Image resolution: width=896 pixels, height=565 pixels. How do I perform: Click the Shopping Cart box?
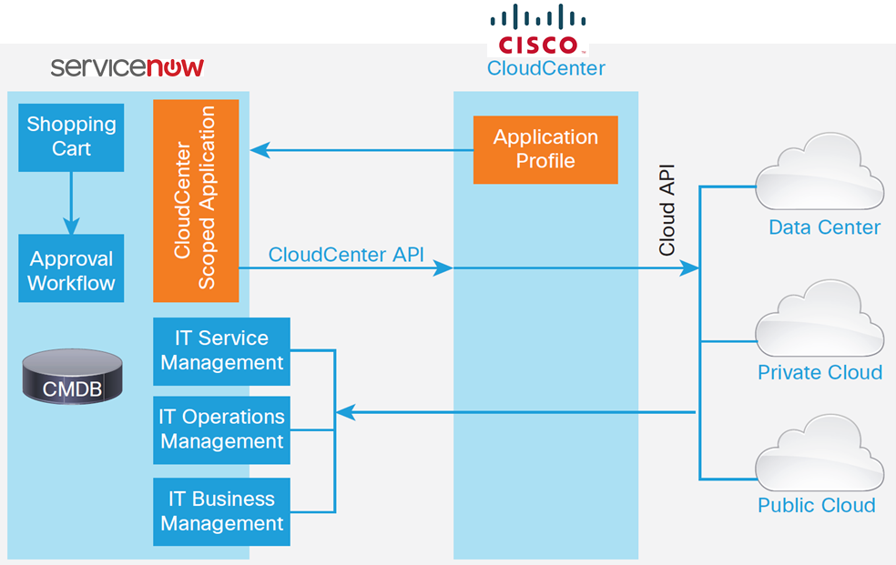[71, 137]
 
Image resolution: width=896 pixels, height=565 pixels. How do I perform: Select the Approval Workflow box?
[71, 271]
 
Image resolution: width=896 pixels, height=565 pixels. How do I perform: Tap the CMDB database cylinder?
[72, 376]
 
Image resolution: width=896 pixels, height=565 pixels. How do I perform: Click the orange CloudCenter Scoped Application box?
[196, 200]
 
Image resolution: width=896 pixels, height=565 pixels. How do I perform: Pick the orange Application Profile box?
[545, 149]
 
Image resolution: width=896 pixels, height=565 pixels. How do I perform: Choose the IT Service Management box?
[221, 350]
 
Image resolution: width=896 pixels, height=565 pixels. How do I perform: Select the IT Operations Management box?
[221, 429]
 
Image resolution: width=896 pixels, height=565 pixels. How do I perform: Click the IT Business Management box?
[221, 511]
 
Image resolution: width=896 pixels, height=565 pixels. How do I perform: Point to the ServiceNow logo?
[127, 68]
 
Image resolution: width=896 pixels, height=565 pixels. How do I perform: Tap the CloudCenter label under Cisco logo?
[545, 68]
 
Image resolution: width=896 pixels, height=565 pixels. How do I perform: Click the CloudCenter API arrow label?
[346, 254]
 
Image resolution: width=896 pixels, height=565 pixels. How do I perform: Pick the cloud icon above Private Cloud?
[820, 318]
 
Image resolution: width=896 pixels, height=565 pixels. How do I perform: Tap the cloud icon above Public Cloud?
[820, 453]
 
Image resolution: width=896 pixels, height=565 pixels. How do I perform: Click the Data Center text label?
[824, 227]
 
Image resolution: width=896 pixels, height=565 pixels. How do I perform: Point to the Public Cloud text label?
[816, 505]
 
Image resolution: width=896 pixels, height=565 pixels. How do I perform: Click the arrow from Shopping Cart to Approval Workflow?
[71, 204]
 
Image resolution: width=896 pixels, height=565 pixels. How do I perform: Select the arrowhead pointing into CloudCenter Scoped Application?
[258, 149]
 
